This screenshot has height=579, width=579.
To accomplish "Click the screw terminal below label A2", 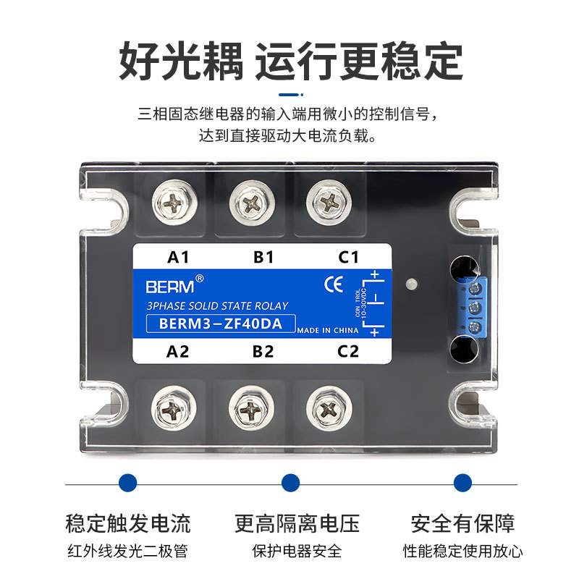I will click(x=174, y=410).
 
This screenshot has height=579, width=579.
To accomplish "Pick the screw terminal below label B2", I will click(x=250, y=410).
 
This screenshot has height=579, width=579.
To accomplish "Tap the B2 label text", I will click(x=263, y=352).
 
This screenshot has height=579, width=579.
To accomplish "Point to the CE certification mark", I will click(x=334, y=284).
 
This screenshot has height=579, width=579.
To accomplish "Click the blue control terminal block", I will click(x=475, y=307).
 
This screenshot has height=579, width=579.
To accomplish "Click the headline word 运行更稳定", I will click(x=358, y=62).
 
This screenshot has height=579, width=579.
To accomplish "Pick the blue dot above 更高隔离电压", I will click(x=290, y=483).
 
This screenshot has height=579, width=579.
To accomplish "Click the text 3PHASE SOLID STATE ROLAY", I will click(x=217, y=306).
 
